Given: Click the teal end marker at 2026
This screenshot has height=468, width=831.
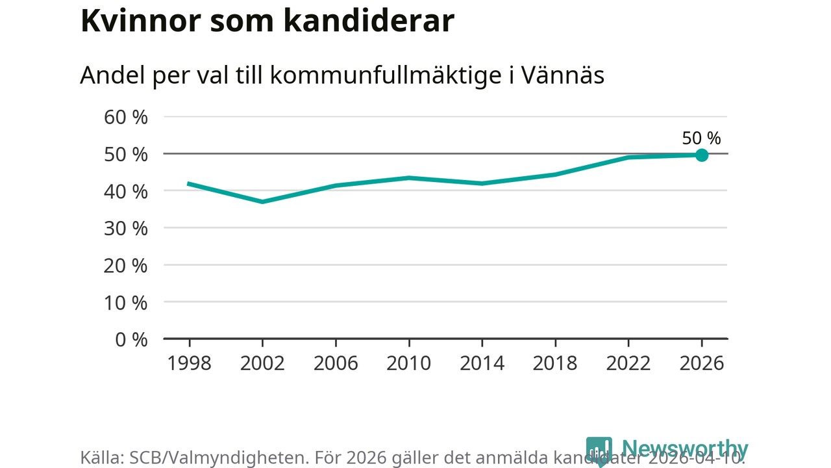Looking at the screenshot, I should click(x=702, y=155).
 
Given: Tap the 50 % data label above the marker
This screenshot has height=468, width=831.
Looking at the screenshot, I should click(x=701, y=138).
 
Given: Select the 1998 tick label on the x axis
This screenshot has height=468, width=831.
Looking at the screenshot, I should click(x=190, y=363).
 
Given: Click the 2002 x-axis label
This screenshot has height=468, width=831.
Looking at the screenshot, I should click(x=262, y=363).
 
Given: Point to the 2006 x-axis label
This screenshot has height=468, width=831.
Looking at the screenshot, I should click(x=336, y=363).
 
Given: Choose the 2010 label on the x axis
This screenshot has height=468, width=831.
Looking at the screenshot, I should click(x=409, y=363).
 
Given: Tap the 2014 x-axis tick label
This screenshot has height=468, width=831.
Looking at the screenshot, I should click(x=482, y=363).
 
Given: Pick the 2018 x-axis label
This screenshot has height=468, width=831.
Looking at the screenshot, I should click(x=555, y=363).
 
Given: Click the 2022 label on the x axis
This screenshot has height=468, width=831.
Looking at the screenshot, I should click(x=628, y=363).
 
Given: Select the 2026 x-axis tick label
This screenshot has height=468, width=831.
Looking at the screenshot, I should click(x=702, y=363).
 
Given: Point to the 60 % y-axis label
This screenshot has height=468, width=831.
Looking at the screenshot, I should click(x=126, y=118).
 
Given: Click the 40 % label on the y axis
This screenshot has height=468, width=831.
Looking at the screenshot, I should click(x=126, y=192).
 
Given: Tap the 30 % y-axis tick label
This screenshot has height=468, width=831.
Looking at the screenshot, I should click(x=126, y=229).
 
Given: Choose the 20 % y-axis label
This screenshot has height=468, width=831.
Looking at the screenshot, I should click(x=126, y=266).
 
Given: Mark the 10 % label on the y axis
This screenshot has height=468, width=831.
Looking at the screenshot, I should click(x=126, y=303).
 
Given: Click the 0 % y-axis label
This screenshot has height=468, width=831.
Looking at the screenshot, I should click(x=131, y=340).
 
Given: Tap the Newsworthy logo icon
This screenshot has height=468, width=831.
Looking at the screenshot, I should click(x=599, y=450).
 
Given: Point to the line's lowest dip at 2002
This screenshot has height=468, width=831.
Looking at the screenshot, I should click(x=262, y=201).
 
